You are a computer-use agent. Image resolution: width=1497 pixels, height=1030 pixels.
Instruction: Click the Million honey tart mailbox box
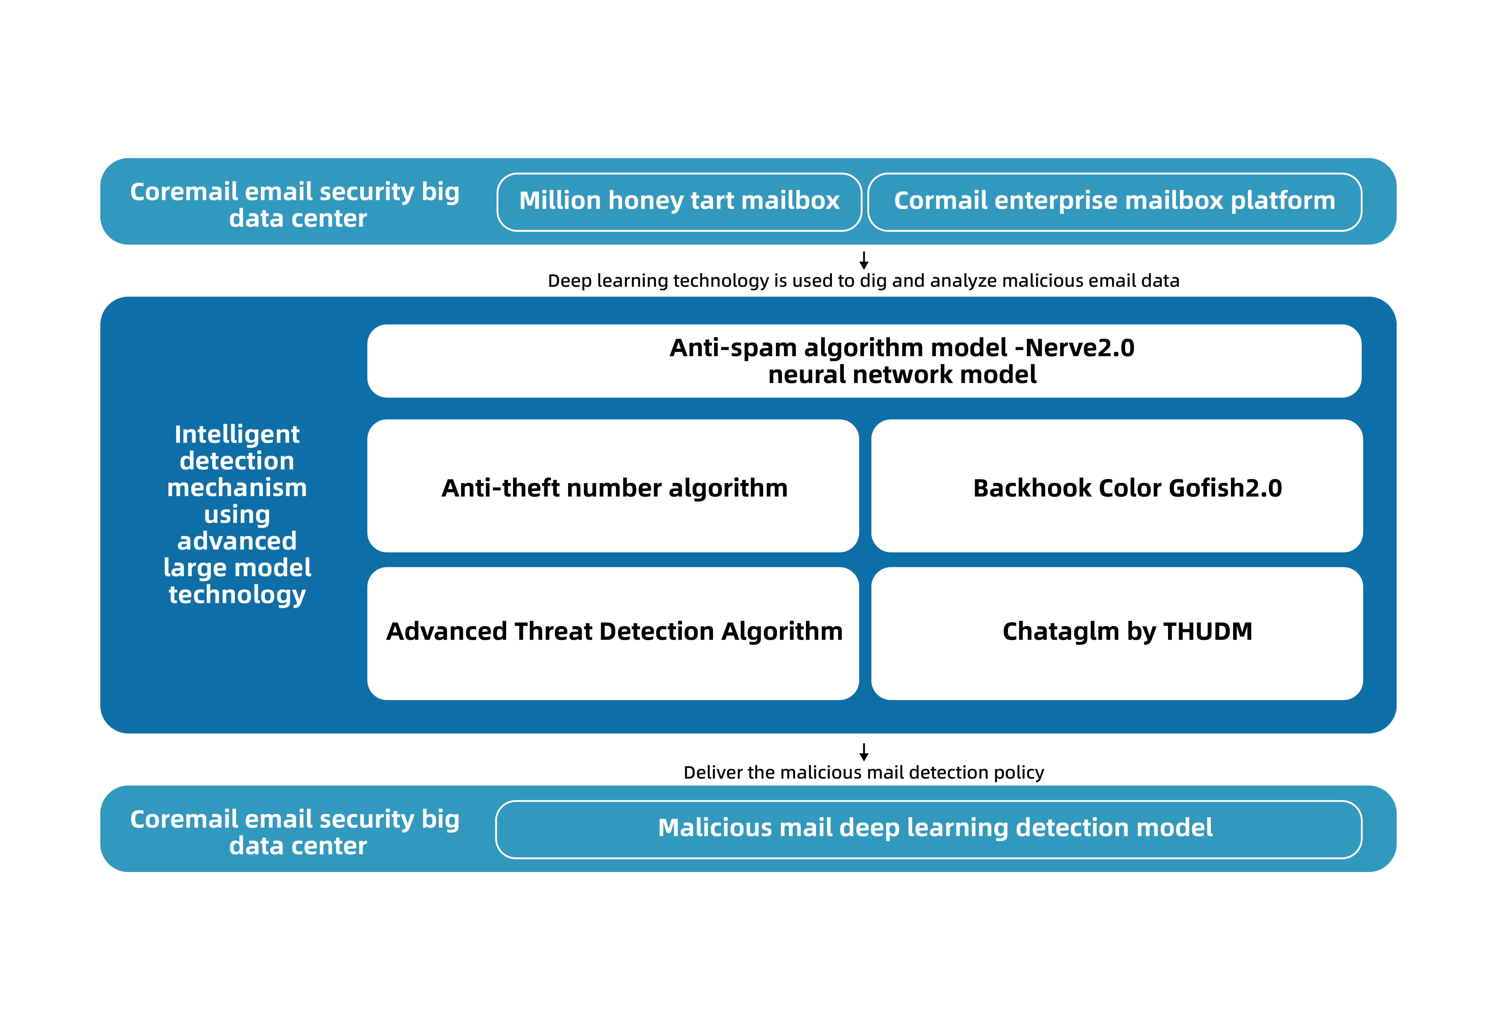click(x=679, y=202)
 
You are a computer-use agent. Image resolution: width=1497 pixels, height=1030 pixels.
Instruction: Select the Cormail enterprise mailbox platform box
click(x=1115, y=202)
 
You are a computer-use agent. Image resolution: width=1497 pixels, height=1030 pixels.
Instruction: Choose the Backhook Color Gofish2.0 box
click(x=1117, y=486)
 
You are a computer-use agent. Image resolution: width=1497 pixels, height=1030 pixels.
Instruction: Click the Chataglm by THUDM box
click(x=1117, y=633)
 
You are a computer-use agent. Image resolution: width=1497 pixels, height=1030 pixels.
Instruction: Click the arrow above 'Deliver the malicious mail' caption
click(x=864, y=752)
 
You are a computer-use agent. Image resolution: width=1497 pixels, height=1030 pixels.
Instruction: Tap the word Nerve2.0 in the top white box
click(x=1080, y=348)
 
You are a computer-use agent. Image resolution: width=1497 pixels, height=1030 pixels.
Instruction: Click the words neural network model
click(x=902, y=374)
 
